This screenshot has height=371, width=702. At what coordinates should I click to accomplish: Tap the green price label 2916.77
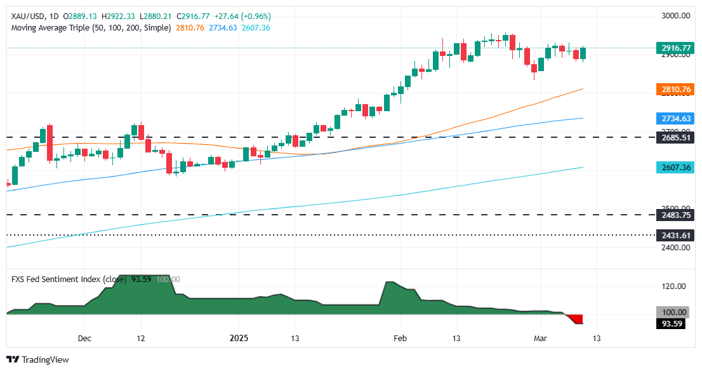click(673, 48)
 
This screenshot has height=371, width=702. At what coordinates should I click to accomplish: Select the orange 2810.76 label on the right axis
click(673, 90)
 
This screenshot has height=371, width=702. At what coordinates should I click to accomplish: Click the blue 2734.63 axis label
click(673, 119)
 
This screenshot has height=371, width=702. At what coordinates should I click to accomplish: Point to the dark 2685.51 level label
click(673, 137)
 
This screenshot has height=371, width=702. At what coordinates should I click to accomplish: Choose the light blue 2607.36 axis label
click(673, 168)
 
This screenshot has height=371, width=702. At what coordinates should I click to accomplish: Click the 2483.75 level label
click(673, 215)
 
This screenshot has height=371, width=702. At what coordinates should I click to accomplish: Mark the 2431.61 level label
click(673, 235)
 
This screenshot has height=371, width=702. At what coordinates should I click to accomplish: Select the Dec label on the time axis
click(85, 339)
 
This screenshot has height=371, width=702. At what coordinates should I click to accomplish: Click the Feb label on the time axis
click(399, 339)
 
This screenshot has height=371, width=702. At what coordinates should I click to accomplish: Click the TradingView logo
click(37, 360)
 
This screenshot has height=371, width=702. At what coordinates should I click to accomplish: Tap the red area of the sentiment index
click(576, 319)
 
